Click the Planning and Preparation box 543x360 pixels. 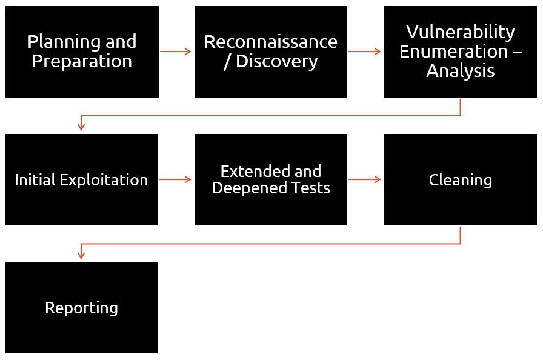point(82,52)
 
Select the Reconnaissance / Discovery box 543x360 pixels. point(271,52)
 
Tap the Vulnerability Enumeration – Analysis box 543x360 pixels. point(461,52)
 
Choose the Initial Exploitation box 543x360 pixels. point(81,179)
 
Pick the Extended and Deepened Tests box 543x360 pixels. point(271,179)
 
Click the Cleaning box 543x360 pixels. point(461,179)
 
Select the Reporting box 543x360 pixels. point(81,308)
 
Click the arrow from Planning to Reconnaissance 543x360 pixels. point(176,52)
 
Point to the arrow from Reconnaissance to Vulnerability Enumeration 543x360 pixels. point(365,52)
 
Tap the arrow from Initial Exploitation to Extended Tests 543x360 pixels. point(176,179)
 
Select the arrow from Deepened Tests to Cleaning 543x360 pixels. point(365,179)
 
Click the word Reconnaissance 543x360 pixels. point(271,42)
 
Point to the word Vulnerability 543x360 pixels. point(461,33)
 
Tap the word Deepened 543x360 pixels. point(248,188)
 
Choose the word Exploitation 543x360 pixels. point(104,180)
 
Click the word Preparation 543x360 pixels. point(82,61)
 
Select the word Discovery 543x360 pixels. point(277,62)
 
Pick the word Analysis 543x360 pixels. point(461,72)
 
